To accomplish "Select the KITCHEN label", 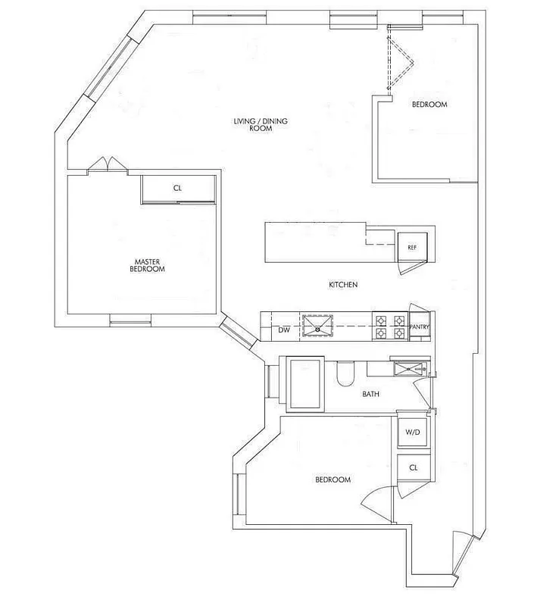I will pyautogui.click(x=342, y=285).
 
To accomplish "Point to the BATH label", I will pyautogui.click(x=370, y=394).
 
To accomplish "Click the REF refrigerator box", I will pyautogui.click(x=413, y=247).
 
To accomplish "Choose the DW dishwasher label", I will pyautogui.click(x=283, y=330).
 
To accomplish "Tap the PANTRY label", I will pyautogui.click(x=419, y=327).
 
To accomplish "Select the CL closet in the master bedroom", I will pyautogui.click(x=177, y=189).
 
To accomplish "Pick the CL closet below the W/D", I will pyautogui.click(x=413, y=468).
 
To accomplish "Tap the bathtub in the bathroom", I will pyautogui.click(x=306, y=384).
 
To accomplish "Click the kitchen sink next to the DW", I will pyautogui.click(x=318, y=326).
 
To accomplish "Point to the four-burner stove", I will pyautogui.click(x=389, y=326).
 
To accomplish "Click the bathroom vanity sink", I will pyautogui.click(x=409, y=368).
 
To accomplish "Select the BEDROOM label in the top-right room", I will pyautogui.click(x=429, y=105).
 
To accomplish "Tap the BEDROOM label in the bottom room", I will pyautogui.click(x=333, y=479).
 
